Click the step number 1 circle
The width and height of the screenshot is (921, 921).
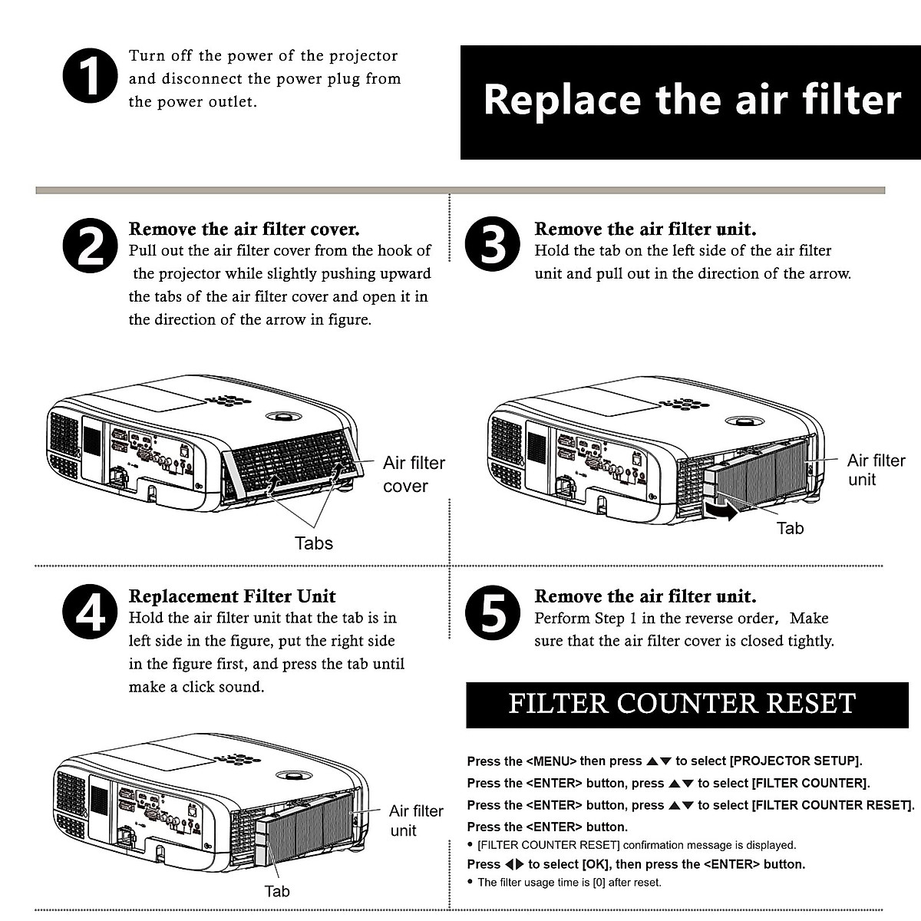coord(90,77)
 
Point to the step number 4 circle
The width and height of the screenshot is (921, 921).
coord(90,614)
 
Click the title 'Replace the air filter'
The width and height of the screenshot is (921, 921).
coord(691,101)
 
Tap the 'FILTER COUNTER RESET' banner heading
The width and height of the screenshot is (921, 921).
coord(682,704)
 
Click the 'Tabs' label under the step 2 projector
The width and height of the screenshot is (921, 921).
coord(314,543)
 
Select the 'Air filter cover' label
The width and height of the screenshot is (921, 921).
coord(413,474)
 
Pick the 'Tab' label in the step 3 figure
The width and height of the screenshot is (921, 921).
coord(790,528)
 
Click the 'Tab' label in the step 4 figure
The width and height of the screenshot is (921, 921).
coord(277,891)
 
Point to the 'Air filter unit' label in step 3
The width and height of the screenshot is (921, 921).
coord(876,470)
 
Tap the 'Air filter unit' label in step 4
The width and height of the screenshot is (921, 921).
coord(415,820)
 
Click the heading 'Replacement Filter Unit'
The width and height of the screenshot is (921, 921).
coord(232,596)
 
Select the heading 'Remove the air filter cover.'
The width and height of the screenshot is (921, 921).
coord(244,229)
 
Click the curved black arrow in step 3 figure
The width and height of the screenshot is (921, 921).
coord(721,510)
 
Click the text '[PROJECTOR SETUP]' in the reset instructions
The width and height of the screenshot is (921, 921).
coord(795,761)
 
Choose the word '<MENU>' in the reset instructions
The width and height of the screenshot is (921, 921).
coord(551,761)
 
